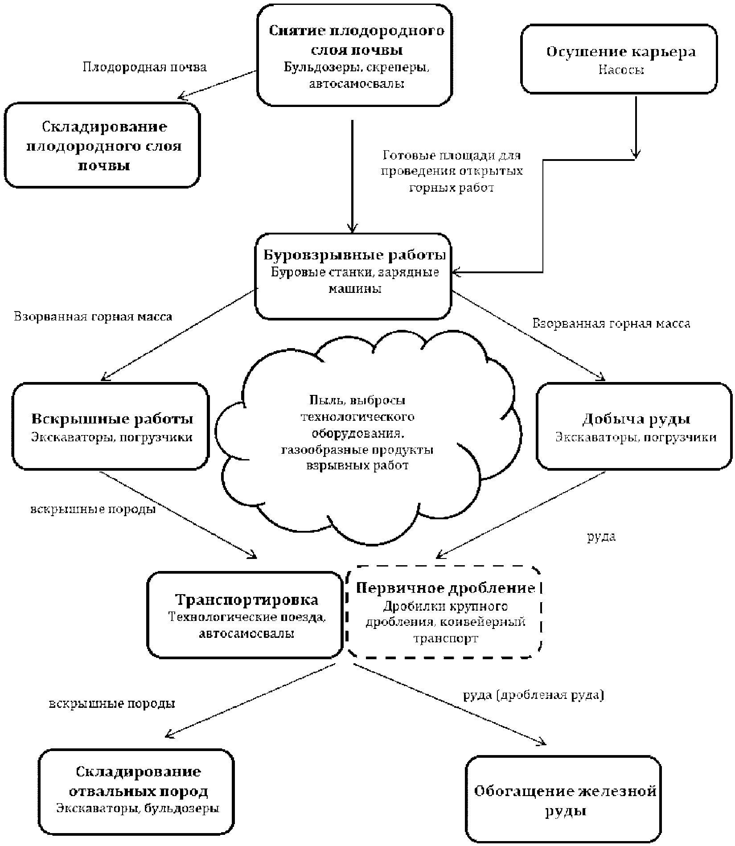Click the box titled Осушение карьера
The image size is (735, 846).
(x=619, y=59)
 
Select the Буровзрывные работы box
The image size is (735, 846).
(x=353, y=276)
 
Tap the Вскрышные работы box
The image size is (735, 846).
(x=111, y=426)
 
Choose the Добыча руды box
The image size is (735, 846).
(x=634, y=426)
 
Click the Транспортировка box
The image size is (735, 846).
(x=245, y=615)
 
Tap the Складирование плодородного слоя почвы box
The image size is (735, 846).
(x=103, y=145)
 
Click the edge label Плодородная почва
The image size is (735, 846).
(x=145, y=67)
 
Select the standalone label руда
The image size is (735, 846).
(x=601, y=537)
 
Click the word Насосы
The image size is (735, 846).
(x=621, y=70)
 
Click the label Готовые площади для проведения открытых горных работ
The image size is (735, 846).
(x=452, y=172)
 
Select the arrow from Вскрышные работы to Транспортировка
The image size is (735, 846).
(x=179, y=514)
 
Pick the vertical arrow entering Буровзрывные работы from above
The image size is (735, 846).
(x=353, y=177)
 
